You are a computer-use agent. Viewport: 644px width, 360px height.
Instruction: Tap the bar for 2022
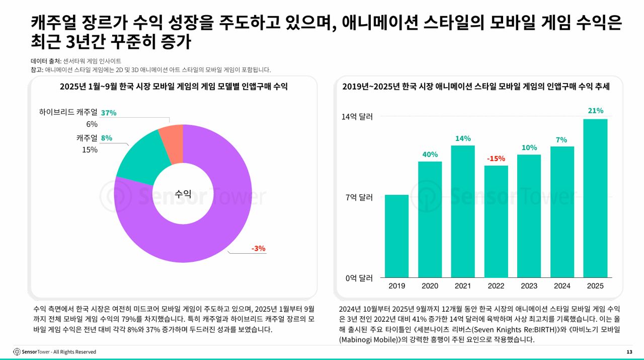[496, 222]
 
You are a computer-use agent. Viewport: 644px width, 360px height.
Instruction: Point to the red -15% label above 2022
[496, 159]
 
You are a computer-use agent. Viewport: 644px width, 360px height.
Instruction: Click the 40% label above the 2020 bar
[430, 155]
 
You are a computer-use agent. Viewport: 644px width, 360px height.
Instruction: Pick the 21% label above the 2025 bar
[595, 111]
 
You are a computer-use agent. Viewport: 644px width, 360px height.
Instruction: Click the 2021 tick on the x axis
[463, 286]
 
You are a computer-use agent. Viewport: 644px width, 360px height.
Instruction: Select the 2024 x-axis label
[562, 286]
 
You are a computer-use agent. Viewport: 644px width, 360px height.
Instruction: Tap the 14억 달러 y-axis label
[357, 117]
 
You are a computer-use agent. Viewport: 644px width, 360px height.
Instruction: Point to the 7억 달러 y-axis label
[359, 197]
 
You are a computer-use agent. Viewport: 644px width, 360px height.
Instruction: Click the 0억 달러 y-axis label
[359, 278]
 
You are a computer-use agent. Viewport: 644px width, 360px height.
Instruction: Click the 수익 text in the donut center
[183, 194]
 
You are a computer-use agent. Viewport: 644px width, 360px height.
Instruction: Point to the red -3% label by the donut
[258, 248]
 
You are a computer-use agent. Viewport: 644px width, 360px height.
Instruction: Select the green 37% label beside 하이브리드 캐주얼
[109, 113]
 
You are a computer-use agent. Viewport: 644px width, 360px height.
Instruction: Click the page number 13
[629, 351]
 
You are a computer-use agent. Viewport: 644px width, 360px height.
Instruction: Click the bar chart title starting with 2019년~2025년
[476, 87]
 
